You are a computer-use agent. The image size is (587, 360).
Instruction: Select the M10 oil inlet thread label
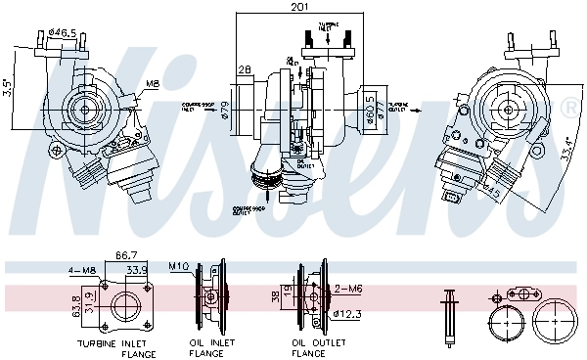(x=177, y=265)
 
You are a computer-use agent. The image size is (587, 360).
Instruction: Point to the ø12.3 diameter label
(x=347, y=313)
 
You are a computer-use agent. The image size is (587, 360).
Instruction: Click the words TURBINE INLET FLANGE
(x=116, y=348)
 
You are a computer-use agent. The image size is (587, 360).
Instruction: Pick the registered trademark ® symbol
(x=570, y=112)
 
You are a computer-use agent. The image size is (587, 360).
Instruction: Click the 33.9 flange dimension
(x=136, y=271)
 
